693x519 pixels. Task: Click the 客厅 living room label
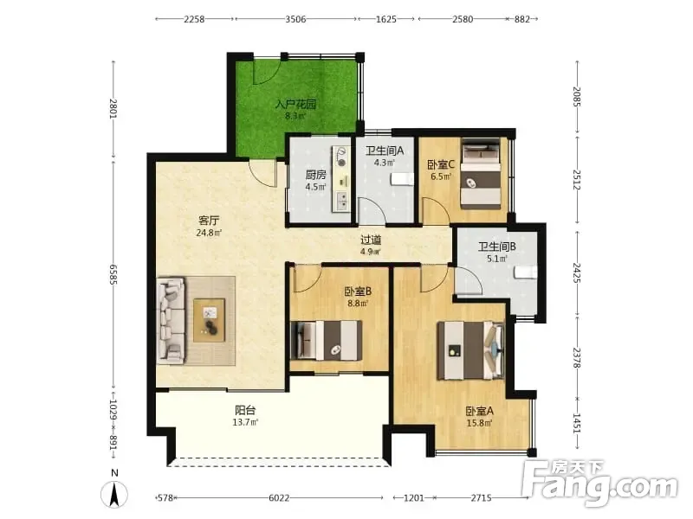tap(209, 220)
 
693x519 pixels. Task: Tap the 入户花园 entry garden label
tap(295, 105)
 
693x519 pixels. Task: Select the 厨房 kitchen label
tap(315, 175)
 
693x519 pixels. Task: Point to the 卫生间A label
tap(384, 151)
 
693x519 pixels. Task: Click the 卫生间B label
tap(496, 247)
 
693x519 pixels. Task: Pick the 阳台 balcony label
tap(245, 410)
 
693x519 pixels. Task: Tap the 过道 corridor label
tap(371, 240)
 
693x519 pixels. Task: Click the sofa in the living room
tap(172, 320)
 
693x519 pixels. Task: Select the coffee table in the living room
tap(210, 320)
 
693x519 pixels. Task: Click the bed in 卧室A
tap(470, 351)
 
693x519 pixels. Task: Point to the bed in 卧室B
tap(327, 340)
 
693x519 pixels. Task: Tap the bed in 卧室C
tap(481, 175)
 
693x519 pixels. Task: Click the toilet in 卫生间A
tap(402, 179)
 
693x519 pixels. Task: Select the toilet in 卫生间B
tap(526, 272)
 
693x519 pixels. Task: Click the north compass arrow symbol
tap(114, 494)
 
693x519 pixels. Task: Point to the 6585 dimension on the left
tap(113, 274)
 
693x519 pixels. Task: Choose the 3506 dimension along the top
tap(295, 19)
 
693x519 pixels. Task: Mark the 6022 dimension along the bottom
tap(279, 498)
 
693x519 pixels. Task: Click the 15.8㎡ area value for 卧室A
tap(480, 423)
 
